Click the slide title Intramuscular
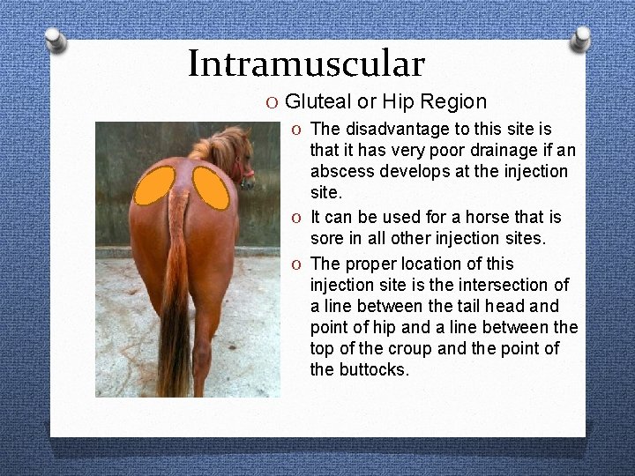click(x=306, y=63)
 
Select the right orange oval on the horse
click(x=212, y=186)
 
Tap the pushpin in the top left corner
click(x=55, y=38)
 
